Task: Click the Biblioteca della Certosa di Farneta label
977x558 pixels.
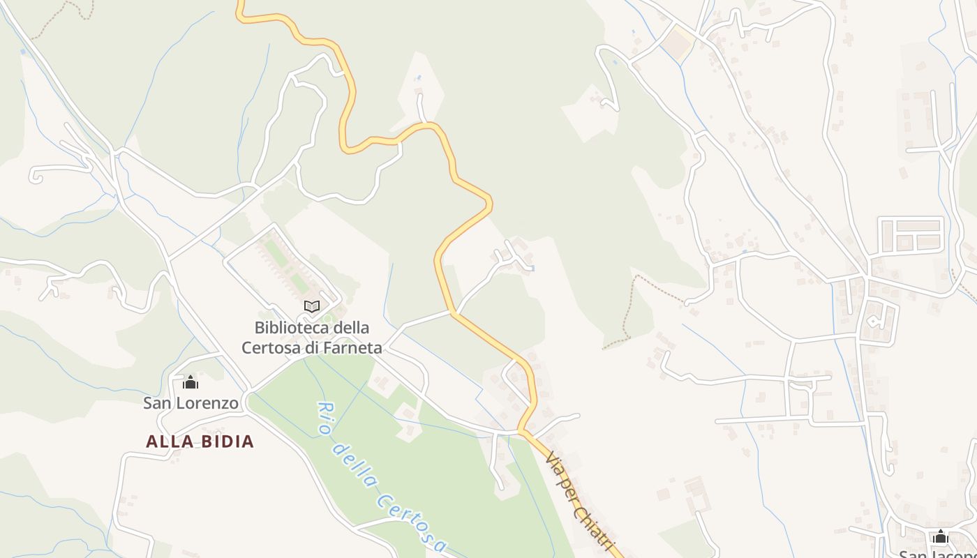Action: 312,337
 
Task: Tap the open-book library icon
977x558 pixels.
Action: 312,306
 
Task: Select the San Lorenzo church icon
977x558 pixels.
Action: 191,382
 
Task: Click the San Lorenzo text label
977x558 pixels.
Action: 191,403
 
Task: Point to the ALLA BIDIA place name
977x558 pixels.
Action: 200,442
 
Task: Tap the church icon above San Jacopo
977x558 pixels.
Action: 940,537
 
